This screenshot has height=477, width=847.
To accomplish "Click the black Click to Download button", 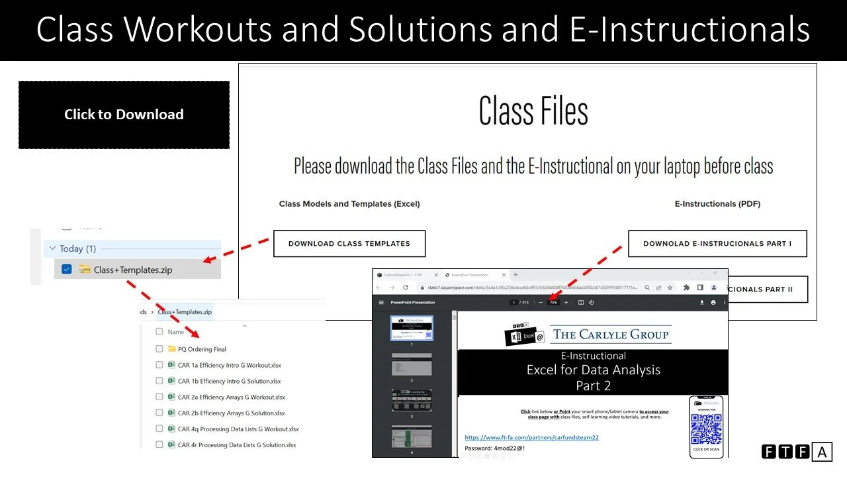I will [124, 115].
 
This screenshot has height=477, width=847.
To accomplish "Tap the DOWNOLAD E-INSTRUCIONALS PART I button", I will [717, 243].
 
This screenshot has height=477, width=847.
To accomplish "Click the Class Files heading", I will [533, 111].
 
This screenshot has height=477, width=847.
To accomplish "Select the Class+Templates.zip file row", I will [133, 270].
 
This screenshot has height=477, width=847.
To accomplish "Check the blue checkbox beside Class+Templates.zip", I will [66, 270].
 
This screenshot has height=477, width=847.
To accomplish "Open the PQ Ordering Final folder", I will [202, 349].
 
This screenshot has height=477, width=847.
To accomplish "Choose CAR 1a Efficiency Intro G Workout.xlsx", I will [230, 365].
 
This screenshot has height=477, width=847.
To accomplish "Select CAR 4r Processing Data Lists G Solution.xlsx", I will [237, 445].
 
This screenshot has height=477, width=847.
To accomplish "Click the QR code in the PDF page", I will [706, 429].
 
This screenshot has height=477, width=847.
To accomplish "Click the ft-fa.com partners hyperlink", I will [531, 437].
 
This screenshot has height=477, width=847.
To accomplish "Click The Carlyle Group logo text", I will [611, 335].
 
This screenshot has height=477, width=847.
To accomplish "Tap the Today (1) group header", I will [77, 248].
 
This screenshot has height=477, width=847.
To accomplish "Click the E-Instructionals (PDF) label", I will [717, 204].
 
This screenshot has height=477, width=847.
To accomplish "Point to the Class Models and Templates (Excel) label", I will [349, 204].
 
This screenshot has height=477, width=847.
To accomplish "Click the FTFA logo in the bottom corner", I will [796, 452].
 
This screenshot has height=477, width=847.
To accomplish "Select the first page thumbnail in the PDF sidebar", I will [411, 328].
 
